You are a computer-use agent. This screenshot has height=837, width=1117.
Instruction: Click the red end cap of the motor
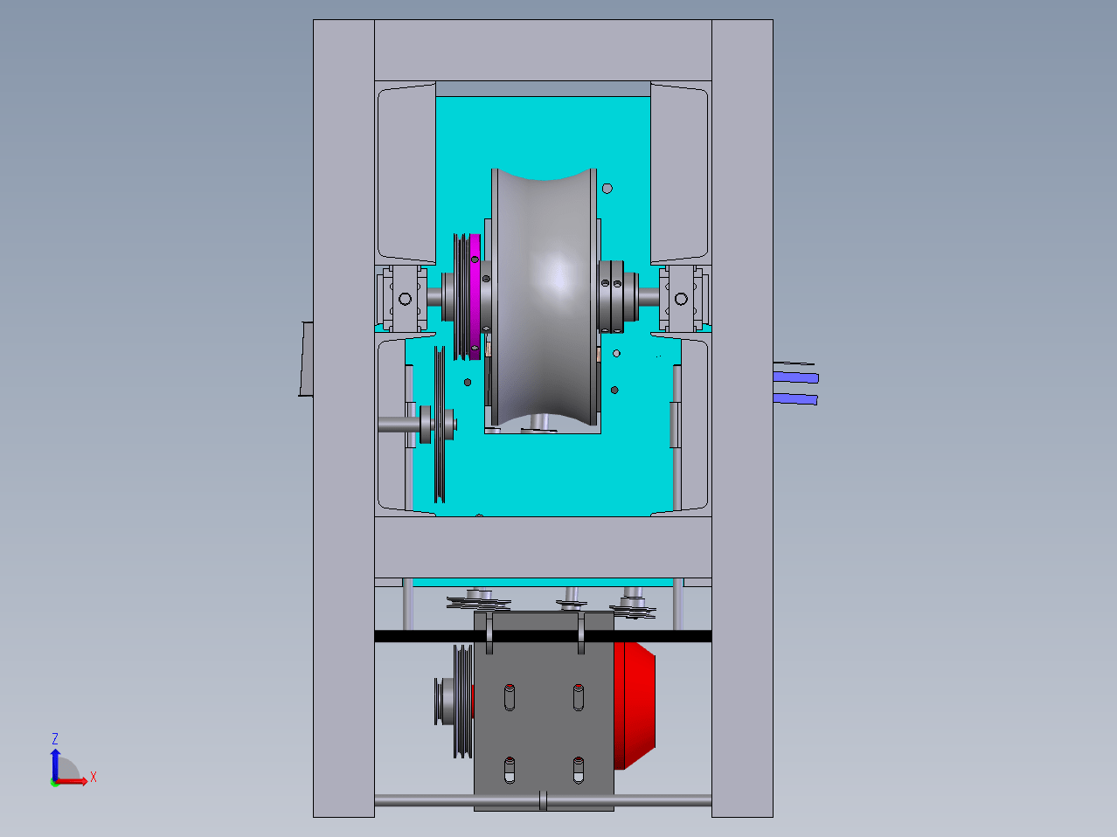[x=634, y=705]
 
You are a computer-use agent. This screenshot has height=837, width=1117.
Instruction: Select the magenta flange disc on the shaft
[x=475, y=297]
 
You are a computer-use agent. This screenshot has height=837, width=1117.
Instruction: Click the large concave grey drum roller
[x=544, y=297]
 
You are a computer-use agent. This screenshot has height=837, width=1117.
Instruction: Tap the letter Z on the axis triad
[x=55, y=739]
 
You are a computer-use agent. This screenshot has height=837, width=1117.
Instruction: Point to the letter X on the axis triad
[x=94, y=777]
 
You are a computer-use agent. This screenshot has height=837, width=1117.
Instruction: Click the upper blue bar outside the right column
[x=796, y=377]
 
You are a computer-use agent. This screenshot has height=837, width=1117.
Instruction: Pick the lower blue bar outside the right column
[x=795, y=399]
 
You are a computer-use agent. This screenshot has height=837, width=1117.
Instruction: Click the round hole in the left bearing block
[x=405, y=299]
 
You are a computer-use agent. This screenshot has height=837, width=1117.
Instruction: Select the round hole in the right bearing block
[x=681, y=299]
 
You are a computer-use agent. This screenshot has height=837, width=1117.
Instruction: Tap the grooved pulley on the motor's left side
[x=462, y=702]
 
